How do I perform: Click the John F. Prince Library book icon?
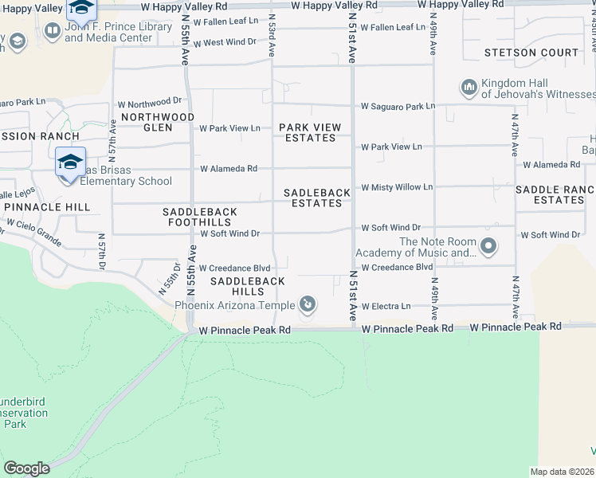tap(53, 31)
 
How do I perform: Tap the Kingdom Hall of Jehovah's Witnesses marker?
tap(469, 86)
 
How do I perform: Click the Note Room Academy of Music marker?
tap(488, 248)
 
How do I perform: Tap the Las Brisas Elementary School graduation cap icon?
tap(70, 163)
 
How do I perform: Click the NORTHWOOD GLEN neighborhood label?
tap(158, 122)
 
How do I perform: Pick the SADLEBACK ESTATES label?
tap(316, 198)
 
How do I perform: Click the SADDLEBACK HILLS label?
tap(248, 287)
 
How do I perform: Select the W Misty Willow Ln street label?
tap(397, 187)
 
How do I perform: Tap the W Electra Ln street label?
tap(386, 306)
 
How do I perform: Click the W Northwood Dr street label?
tap(150, 103)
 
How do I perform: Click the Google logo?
tap(26, 468)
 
